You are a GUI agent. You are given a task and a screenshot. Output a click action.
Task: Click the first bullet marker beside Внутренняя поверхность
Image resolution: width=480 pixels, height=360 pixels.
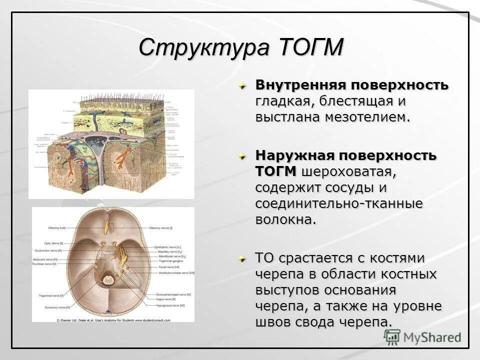[242, 85]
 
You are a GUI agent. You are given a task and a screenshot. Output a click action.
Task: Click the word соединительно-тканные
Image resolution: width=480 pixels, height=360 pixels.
[339, 204]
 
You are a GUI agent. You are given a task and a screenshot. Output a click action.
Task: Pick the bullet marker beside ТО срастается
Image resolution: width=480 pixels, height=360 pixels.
[242, 259]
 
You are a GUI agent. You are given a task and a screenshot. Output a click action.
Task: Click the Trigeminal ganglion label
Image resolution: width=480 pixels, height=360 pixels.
[168, 260]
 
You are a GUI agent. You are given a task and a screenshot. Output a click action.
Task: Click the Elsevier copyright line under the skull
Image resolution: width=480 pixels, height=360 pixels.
[113, 320]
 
